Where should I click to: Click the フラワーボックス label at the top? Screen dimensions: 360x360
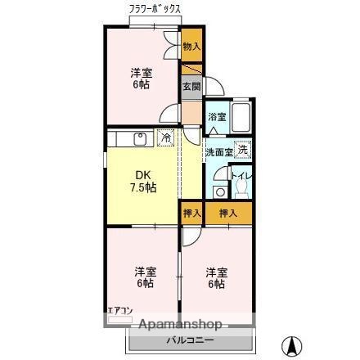point(155,8)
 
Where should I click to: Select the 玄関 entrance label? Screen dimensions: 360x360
point(191,86)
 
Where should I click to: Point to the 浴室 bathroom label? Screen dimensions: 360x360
point(216,117)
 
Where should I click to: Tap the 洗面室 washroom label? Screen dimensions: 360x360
point(219,151)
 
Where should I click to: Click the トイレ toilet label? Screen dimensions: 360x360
point(240,173)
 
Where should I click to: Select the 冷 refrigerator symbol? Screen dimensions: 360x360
point(165,137)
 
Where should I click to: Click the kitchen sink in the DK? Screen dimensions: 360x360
point(138,137)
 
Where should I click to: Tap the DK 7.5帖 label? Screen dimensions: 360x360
point(144,180)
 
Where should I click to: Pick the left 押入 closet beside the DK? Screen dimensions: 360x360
point(190,213)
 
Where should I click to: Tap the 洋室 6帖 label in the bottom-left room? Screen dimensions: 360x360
point(144,277)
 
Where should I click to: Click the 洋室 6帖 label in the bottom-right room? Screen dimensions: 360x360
point(215,277)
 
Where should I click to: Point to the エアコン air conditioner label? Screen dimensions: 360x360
point(119,311)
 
